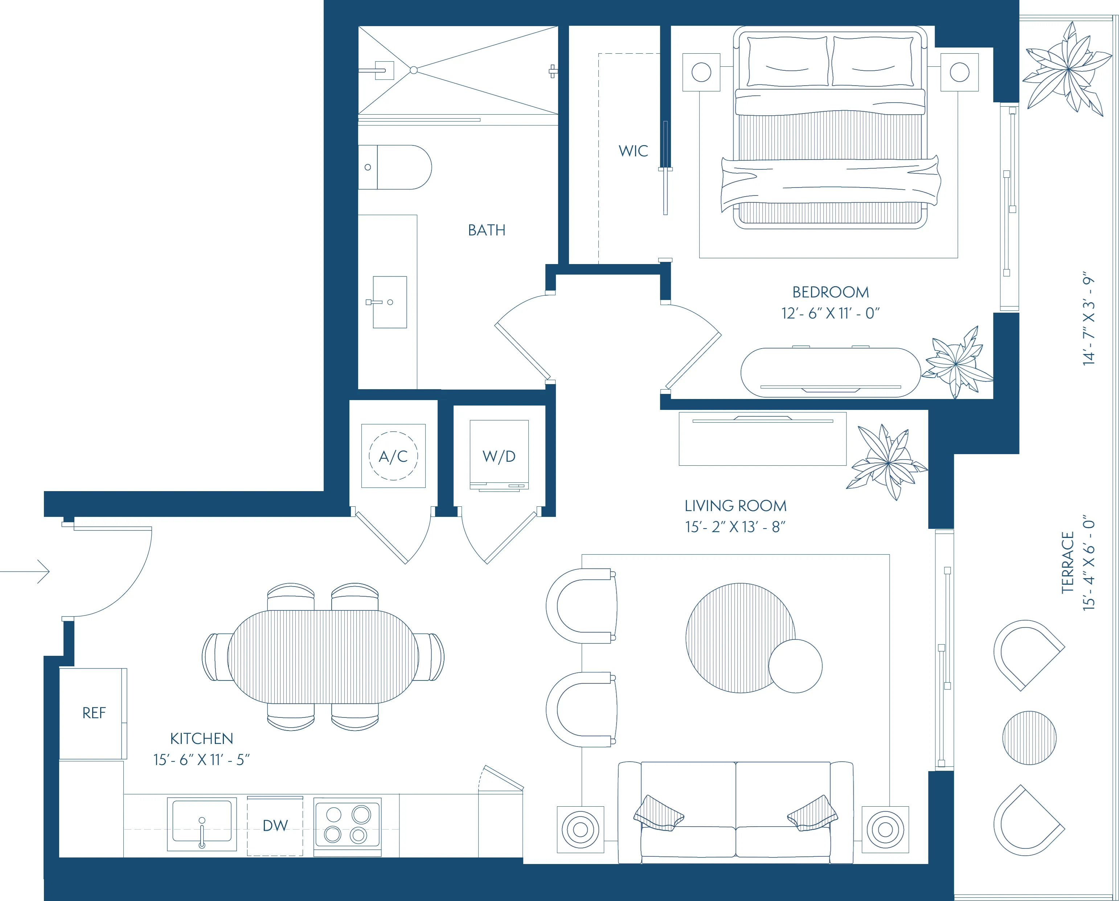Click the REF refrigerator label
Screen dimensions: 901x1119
click(x=94, y=713)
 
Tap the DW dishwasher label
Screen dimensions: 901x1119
click(x=275, y=825)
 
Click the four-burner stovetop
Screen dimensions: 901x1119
click(x=347, y=825)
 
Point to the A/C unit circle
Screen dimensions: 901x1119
click(x=393, y=456)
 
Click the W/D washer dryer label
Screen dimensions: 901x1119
click(x=499, y=456)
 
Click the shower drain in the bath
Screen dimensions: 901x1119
click(x=414, y=70)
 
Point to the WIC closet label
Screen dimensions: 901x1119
click(x=633, y=151)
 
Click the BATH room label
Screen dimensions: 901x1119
click(x=487, y=230)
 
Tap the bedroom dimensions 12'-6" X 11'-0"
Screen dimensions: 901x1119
click(x=830, y=313)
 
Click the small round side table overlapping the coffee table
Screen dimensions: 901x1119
click(x=795, y=666)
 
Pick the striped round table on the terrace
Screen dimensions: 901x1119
click(x=1029, y=737)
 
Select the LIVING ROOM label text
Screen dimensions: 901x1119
click(x=735, y=506)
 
